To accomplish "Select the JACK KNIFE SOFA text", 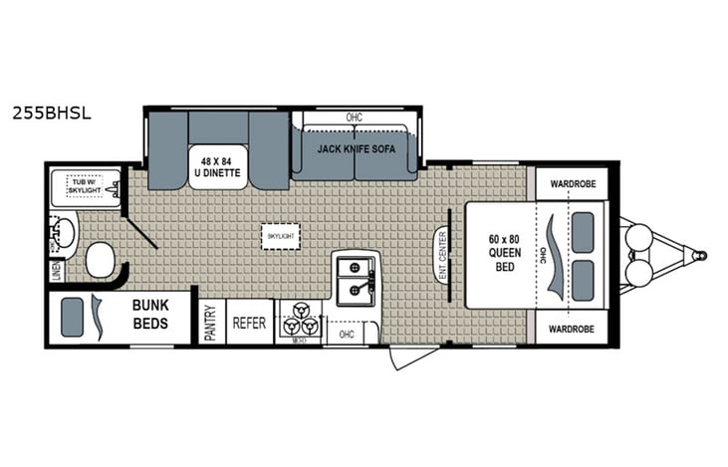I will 354,148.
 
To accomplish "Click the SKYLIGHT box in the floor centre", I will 280,235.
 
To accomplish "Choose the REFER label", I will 249,323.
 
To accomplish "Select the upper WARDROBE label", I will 572,183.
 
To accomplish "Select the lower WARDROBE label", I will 572,329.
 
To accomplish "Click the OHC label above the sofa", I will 354,117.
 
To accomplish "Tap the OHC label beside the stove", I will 347,335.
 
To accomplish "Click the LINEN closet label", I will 55,270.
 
